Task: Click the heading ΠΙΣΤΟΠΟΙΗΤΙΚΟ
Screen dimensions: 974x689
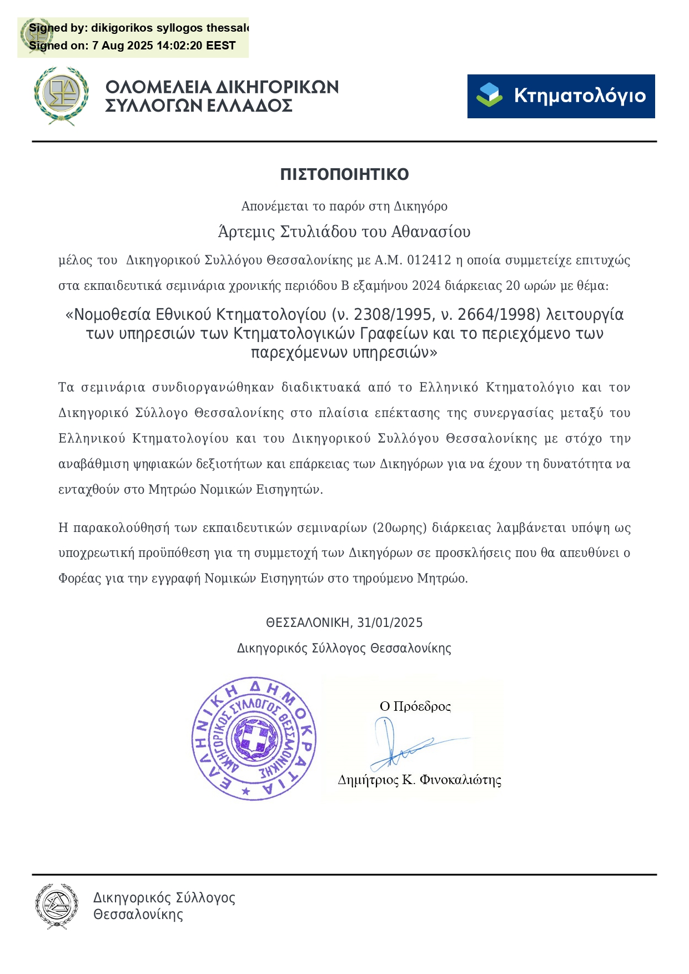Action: (x=344, y=174)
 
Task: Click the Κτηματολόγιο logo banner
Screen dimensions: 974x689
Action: (x=561, y=96)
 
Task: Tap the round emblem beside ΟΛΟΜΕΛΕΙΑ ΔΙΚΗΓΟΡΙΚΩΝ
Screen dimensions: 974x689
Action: (x=61, y=96)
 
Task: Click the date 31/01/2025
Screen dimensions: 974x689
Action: (x=390, y=623)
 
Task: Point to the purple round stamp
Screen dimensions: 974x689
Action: (x=254, y=739)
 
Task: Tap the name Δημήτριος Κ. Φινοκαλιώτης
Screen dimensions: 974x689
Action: (x=419, y=780)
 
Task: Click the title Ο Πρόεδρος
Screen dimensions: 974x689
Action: (x=415, y=706)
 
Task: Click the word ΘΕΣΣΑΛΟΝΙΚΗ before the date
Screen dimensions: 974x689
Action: (x=308, y=623)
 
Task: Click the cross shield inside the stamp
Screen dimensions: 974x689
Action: (x=254, y=739)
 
